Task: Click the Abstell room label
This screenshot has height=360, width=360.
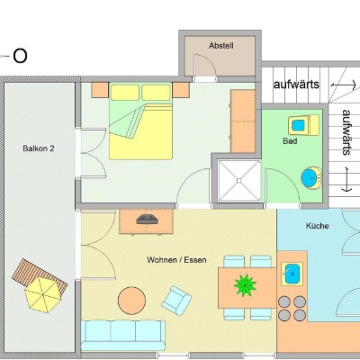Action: [221, 46]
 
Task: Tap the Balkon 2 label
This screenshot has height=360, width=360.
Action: [39, 148]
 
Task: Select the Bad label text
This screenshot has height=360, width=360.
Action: [290, 141]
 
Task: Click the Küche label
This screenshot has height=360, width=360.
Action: [317, 226]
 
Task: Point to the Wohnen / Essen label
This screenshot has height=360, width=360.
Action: [176, 260]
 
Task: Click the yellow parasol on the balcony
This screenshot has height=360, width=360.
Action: [42, 294]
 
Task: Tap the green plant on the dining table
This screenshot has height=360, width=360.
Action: [245, 285]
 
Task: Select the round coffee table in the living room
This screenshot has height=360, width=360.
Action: [131, 301]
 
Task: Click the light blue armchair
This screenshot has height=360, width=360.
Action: [176, 301]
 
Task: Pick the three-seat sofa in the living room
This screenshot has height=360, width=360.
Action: [123, 335]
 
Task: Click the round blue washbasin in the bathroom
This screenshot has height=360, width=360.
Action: [310, 178]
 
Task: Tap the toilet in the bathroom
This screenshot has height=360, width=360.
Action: [303, 125]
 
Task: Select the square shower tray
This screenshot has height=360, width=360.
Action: [239, 181]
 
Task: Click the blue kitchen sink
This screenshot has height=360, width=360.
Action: [291, 274]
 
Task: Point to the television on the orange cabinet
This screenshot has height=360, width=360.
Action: [147, 220]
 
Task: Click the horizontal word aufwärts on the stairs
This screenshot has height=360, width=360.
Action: [296, 85]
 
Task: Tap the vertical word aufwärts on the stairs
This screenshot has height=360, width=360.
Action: [346, 132]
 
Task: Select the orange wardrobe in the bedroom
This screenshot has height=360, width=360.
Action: [243, 121]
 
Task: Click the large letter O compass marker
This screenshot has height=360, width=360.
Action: [20, 56]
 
